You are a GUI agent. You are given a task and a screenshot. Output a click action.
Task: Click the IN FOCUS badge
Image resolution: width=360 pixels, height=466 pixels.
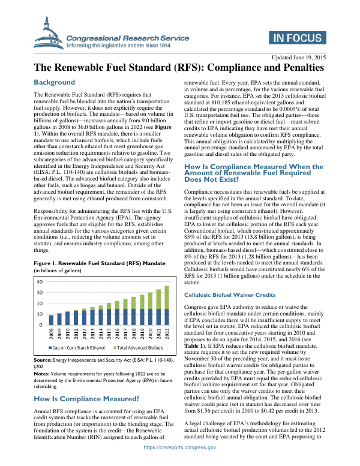[x=296, y=39]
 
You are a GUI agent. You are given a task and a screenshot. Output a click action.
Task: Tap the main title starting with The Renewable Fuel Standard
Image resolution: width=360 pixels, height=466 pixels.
[x=179, y=68]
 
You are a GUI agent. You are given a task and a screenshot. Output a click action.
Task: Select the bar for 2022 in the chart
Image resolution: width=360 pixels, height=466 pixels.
[x=166, y=305]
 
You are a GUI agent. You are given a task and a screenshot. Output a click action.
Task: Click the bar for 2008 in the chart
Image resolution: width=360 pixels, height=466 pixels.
[x=51, y=320]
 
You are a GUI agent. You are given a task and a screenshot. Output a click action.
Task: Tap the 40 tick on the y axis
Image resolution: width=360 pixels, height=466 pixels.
[x=39, y=281]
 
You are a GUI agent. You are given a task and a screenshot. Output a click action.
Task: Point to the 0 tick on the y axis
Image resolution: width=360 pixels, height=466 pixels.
[x=41, y=325]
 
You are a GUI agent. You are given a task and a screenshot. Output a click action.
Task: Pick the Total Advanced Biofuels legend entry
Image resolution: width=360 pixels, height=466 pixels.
[x=136, y=347]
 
